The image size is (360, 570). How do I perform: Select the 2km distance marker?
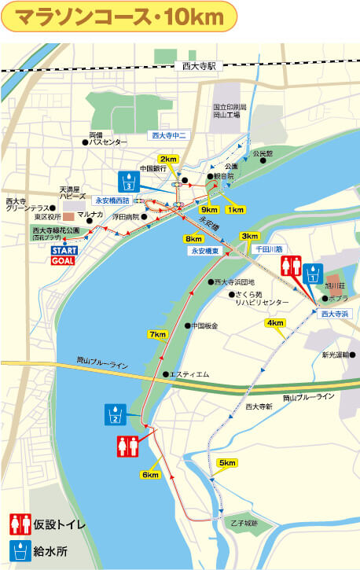[168, 160]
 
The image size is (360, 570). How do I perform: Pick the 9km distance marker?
[209, 210]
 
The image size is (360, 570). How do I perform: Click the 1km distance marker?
[234, 210]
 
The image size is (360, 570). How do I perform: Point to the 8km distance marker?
[193, 238]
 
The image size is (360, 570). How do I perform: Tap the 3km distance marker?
[250, 236]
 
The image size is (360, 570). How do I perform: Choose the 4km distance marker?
[275, 323]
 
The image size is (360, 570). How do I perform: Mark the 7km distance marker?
[157, 335]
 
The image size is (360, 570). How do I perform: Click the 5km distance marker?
[228, 462]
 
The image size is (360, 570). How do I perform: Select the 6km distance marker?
[151, 475]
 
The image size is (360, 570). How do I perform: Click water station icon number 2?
[115, 414]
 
